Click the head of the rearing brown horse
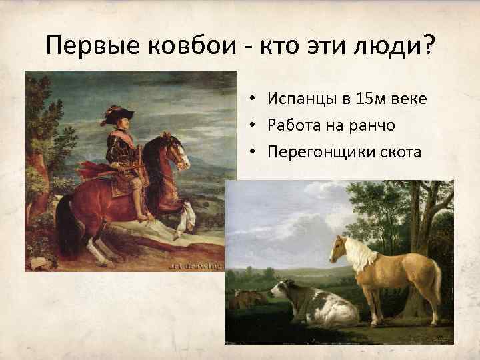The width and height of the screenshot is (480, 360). click(179, 150)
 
